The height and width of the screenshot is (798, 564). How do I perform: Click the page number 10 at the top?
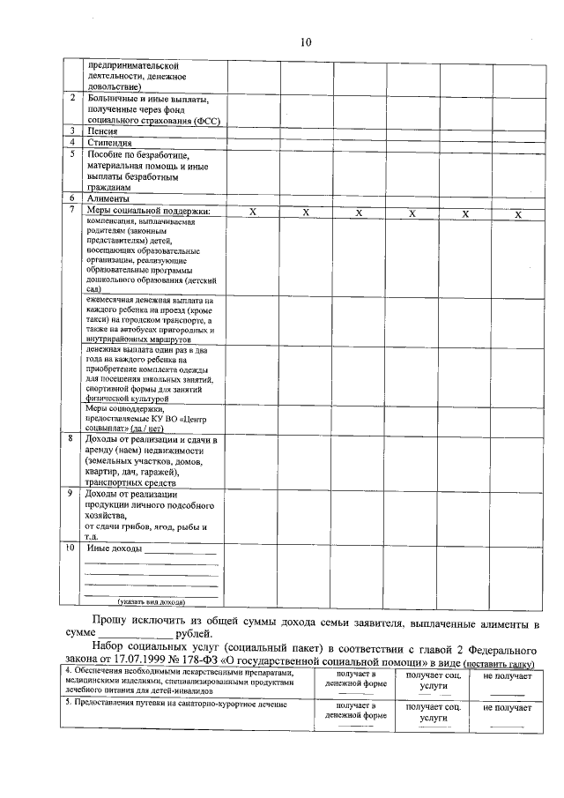click(305, 41)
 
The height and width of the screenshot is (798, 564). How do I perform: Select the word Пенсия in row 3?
click(104, 131)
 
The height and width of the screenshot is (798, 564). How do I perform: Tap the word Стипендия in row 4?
click(110, 142)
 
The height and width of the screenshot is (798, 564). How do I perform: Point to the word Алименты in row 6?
click(108, 199)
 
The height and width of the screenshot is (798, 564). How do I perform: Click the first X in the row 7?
click(253, 213)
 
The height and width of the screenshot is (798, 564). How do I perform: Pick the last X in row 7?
click(518, 214)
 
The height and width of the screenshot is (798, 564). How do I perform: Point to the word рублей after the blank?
click(194, 633)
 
